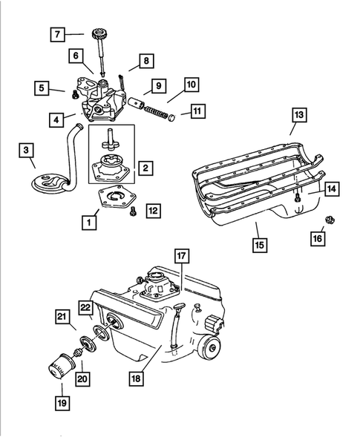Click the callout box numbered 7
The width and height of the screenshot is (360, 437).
click(55, 33)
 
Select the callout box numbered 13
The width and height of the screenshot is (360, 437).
click(298, 115)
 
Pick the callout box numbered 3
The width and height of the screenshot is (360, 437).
click(27, 151)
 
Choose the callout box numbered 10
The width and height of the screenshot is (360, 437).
click(190, 85)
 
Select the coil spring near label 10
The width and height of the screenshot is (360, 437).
click(153, 108)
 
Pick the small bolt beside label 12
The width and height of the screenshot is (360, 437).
click(133, 211)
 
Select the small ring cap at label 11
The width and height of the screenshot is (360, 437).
click(171, 116)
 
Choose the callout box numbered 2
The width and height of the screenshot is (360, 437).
click(146, 168)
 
